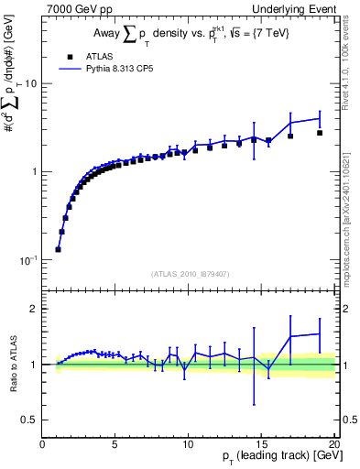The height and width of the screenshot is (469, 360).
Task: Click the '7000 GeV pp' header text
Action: (78, 8)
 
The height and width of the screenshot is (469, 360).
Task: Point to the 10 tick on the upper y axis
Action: (29, 84)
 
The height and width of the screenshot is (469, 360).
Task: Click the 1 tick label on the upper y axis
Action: (33, 172)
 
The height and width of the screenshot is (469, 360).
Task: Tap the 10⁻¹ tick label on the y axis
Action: (27, 260)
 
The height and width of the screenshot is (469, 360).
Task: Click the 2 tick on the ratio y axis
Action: (33, 309)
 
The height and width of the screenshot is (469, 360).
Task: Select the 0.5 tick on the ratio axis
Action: (28, 420)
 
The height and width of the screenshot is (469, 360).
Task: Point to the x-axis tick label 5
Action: (115, 444)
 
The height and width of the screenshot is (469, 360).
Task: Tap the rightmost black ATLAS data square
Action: (320, 133)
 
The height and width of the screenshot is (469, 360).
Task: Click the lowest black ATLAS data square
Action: (59, 249)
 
